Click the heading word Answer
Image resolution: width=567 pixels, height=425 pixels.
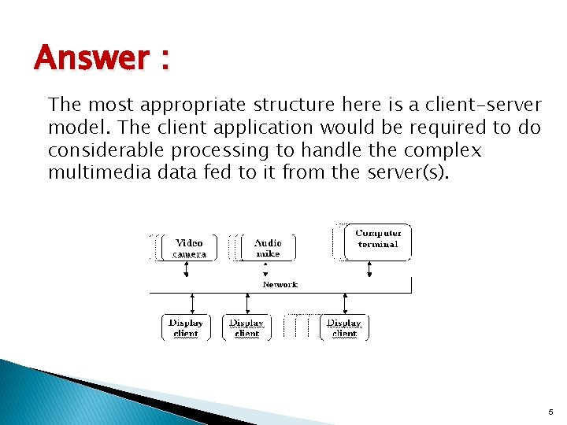[91, 58]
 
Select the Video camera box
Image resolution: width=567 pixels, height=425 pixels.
[189, 248]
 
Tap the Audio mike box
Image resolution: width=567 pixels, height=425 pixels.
[268, 248]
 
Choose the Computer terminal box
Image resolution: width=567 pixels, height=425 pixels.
[378, 239]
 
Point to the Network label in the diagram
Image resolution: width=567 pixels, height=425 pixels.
[280, 285]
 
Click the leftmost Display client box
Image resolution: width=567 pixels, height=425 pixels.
[186, 327]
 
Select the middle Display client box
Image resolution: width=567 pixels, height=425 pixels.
[246, 327]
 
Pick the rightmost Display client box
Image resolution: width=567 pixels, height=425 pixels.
[344, 327]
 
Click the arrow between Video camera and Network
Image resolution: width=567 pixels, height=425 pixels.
[187, 269]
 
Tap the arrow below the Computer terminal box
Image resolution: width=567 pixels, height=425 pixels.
[369, 270]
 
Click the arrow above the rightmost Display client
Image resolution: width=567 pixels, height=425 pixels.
[344, 303]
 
